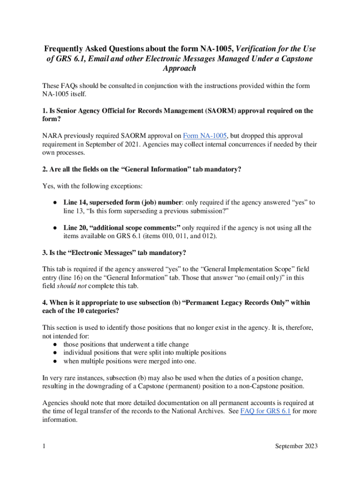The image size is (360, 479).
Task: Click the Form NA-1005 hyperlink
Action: coord(205,136)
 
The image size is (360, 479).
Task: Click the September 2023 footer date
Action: coord(296,446)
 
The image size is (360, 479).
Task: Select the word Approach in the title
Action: coord(180,68)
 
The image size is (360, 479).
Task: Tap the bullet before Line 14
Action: coord(55,203)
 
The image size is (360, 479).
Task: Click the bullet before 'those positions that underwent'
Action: coord(55,344)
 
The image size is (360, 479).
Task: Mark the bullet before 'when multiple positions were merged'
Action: coord(55,361)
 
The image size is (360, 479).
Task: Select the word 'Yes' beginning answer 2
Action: coord(48,186)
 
